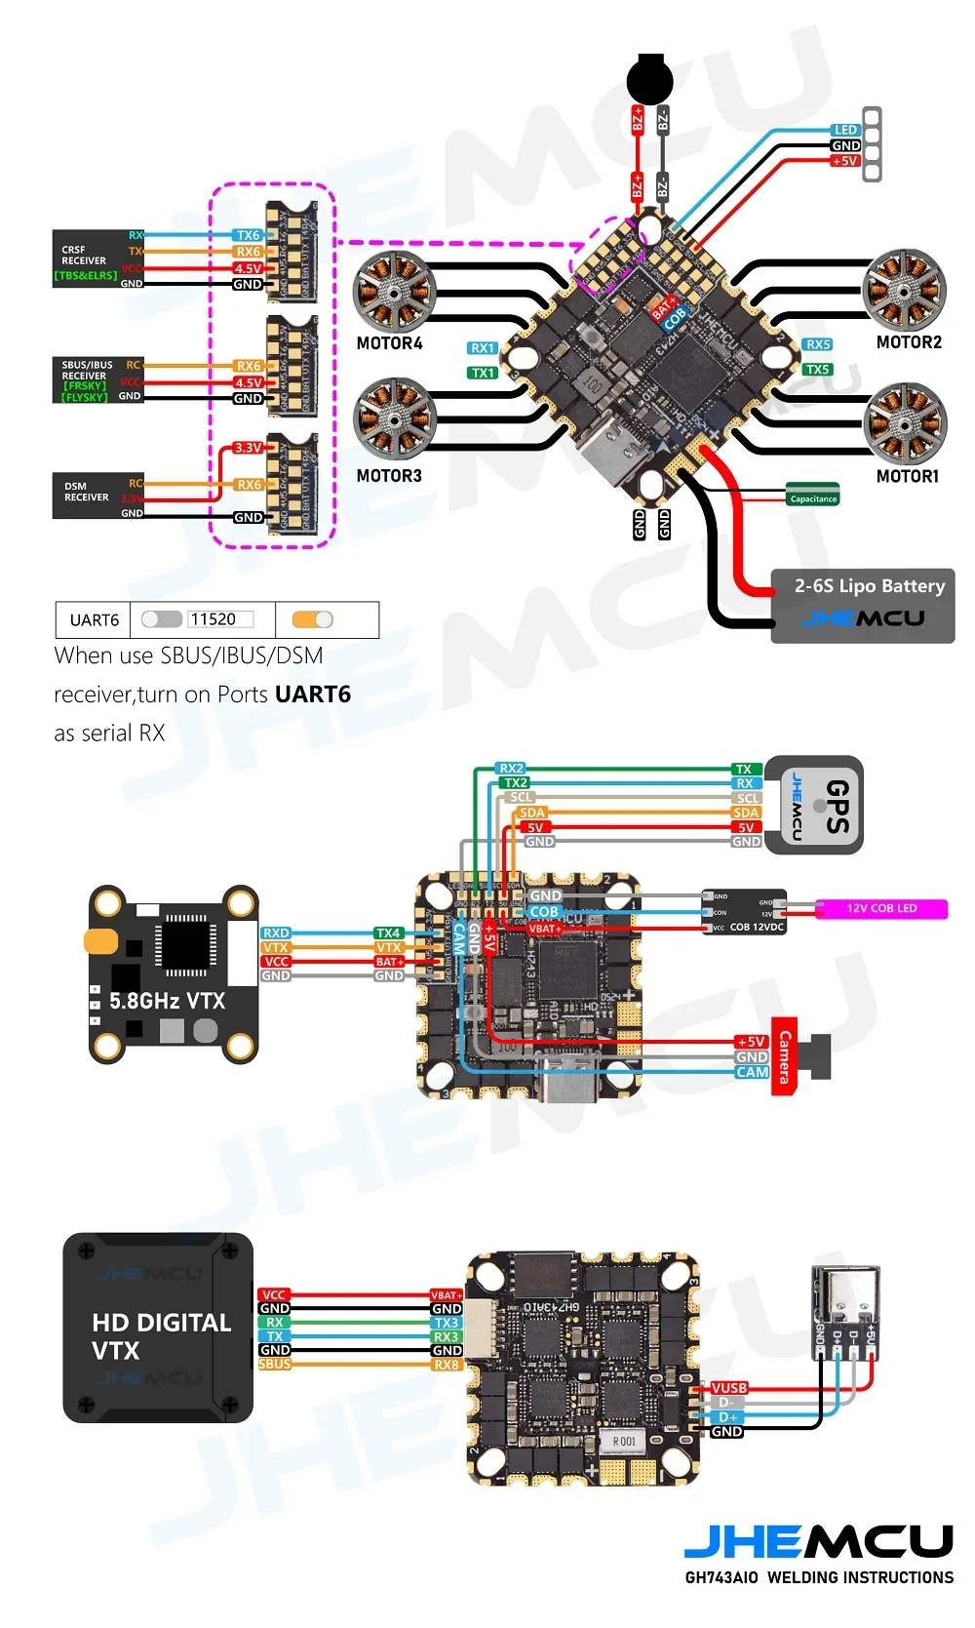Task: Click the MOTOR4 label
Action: (389, 343)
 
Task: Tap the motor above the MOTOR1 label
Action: (906, 422)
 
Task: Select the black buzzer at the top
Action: (649, 79)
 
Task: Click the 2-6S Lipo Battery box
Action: (863, 605)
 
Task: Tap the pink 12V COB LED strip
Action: (880, 908)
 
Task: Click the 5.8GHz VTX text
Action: (167, 1001)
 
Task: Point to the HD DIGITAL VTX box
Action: (159, 1328)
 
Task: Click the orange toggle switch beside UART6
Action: (312, 619)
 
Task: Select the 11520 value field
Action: (219, 619)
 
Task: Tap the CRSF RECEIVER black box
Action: (97, 258)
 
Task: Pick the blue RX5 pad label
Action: (817, 344)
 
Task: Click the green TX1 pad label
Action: (483, 373)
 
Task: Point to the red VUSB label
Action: (728, 1388)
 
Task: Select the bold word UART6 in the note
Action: (312, 695)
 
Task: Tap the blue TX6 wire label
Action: (248, 235)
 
